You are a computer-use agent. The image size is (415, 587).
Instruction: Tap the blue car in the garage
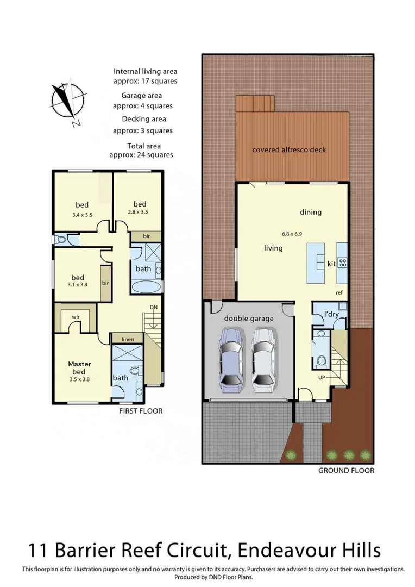coord(230,359)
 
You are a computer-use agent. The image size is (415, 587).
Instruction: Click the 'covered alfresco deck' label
coord(289,149)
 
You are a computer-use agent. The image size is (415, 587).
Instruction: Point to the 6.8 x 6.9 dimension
coord(292,234)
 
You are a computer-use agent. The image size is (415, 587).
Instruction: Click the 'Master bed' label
coord(79,367)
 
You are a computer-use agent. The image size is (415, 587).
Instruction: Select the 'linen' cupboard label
coord(127,339)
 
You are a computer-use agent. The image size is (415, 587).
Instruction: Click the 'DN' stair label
coord(154,308)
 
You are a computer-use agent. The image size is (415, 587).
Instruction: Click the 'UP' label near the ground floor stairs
coord(322,377)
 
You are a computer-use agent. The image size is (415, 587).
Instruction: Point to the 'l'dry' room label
coord(331,315)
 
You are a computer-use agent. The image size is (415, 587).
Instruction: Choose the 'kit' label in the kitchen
coord(331,264)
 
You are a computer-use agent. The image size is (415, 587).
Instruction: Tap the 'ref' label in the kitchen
coord(338,292)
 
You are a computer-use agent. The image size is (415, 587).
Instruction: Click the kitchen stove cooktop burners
coord(343,263)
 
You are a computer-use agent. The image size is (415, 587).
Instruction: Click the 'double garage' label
coord(249,319)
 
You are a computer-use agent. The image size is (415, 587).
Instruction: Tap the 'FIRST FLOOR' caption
coord(141,411)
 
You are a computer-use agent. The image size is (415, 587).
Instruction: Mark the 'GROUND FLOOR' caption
coord(346,470)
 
